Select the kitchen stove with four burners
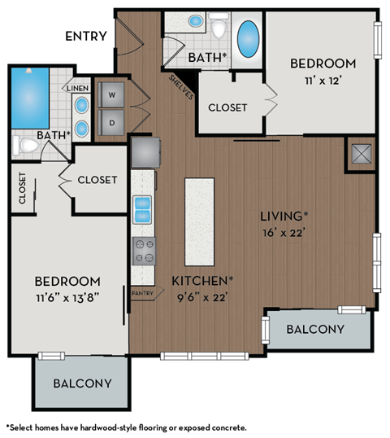[x=144, y=251]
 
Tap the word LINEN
[x=78, y=88]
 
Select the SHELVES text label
[x=181, y=85]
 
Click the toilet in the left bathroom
[x=26, y=146]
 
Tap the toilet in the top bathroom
[x=219, y=27]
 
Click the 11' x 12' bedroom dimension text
[x=323, y=81]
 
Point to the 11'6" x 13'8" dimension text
[x=67, y=297]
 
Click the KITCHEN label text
[x=202, y=281]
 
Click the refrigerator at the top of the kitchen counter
[x=145, y=151]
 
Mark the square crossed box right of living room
[x=360, y=154]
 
